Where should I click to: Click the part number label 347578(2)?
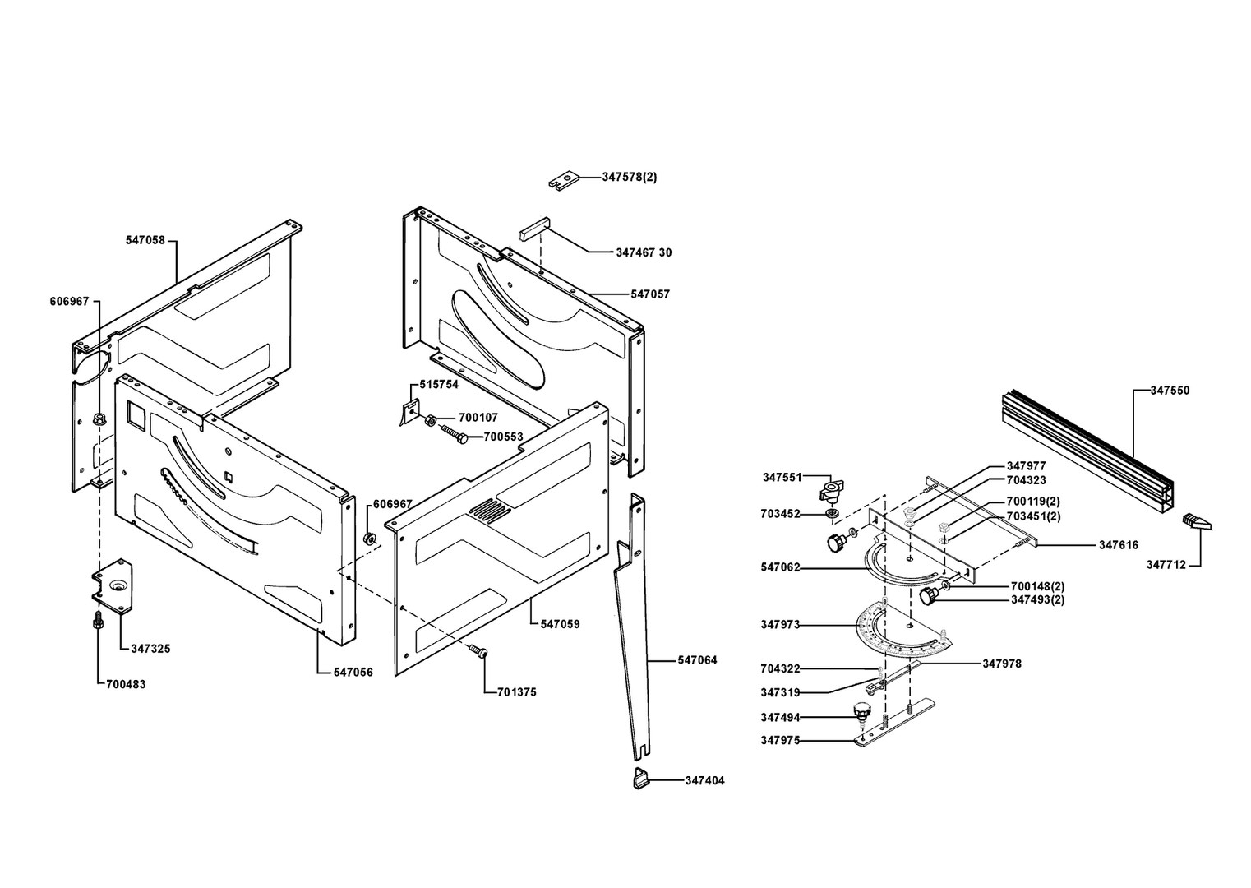point(630,177)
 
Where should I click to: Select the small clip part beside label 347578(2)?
point(565,179)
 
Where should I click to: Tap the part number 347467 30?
point(644,252)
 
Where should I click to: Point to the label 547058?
point(145,240)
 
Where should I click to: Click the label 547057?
point(650,294)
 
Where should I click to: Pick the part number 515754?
point(439,384)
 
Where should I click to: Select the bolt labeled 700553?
point(453,432)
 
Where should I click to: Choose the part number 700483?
point(126,684)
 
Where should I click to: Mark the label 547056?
point(353,672)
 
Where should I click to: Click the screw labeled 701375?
point(478,652)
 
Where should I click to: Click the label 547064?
point(697,660)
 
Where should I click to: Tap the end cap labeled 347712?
point(1192,520)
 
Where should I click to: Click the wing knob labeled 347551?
point(831,492)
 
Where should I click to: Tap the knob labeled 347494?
point(861,711)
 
